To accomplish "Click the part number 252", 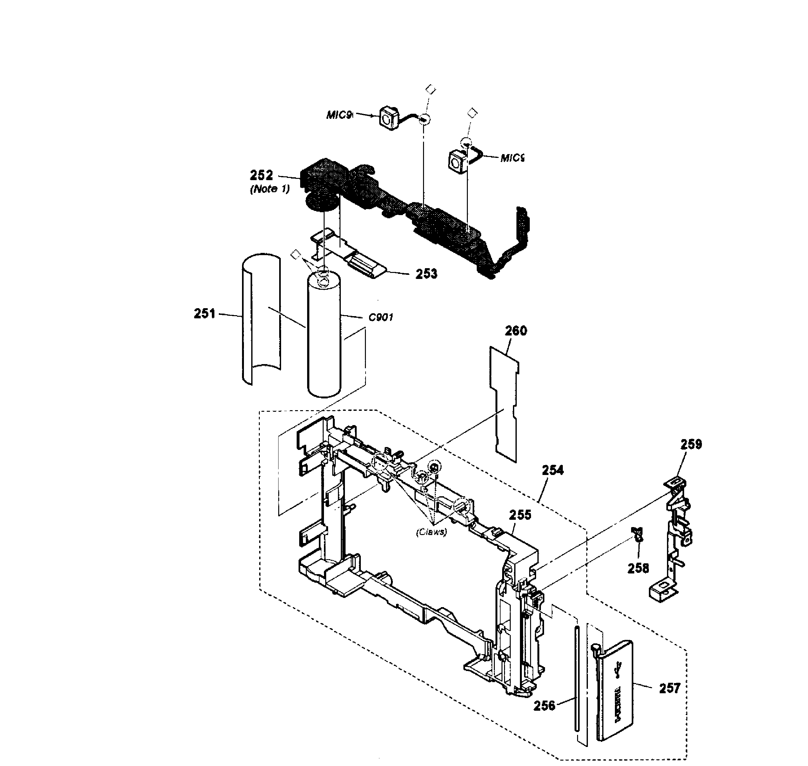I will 261,175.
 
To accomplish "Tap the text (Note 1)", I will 270,189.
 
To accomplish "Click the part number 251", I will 205,314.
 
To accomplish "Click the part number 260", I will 516,330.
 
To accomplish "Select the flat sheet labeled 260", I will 505,404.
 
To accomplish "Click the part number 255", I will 520,515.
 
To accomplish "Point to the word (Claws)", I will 431,532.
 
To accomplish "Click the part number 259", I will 691,444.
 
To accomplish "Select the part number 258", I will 638,568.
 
